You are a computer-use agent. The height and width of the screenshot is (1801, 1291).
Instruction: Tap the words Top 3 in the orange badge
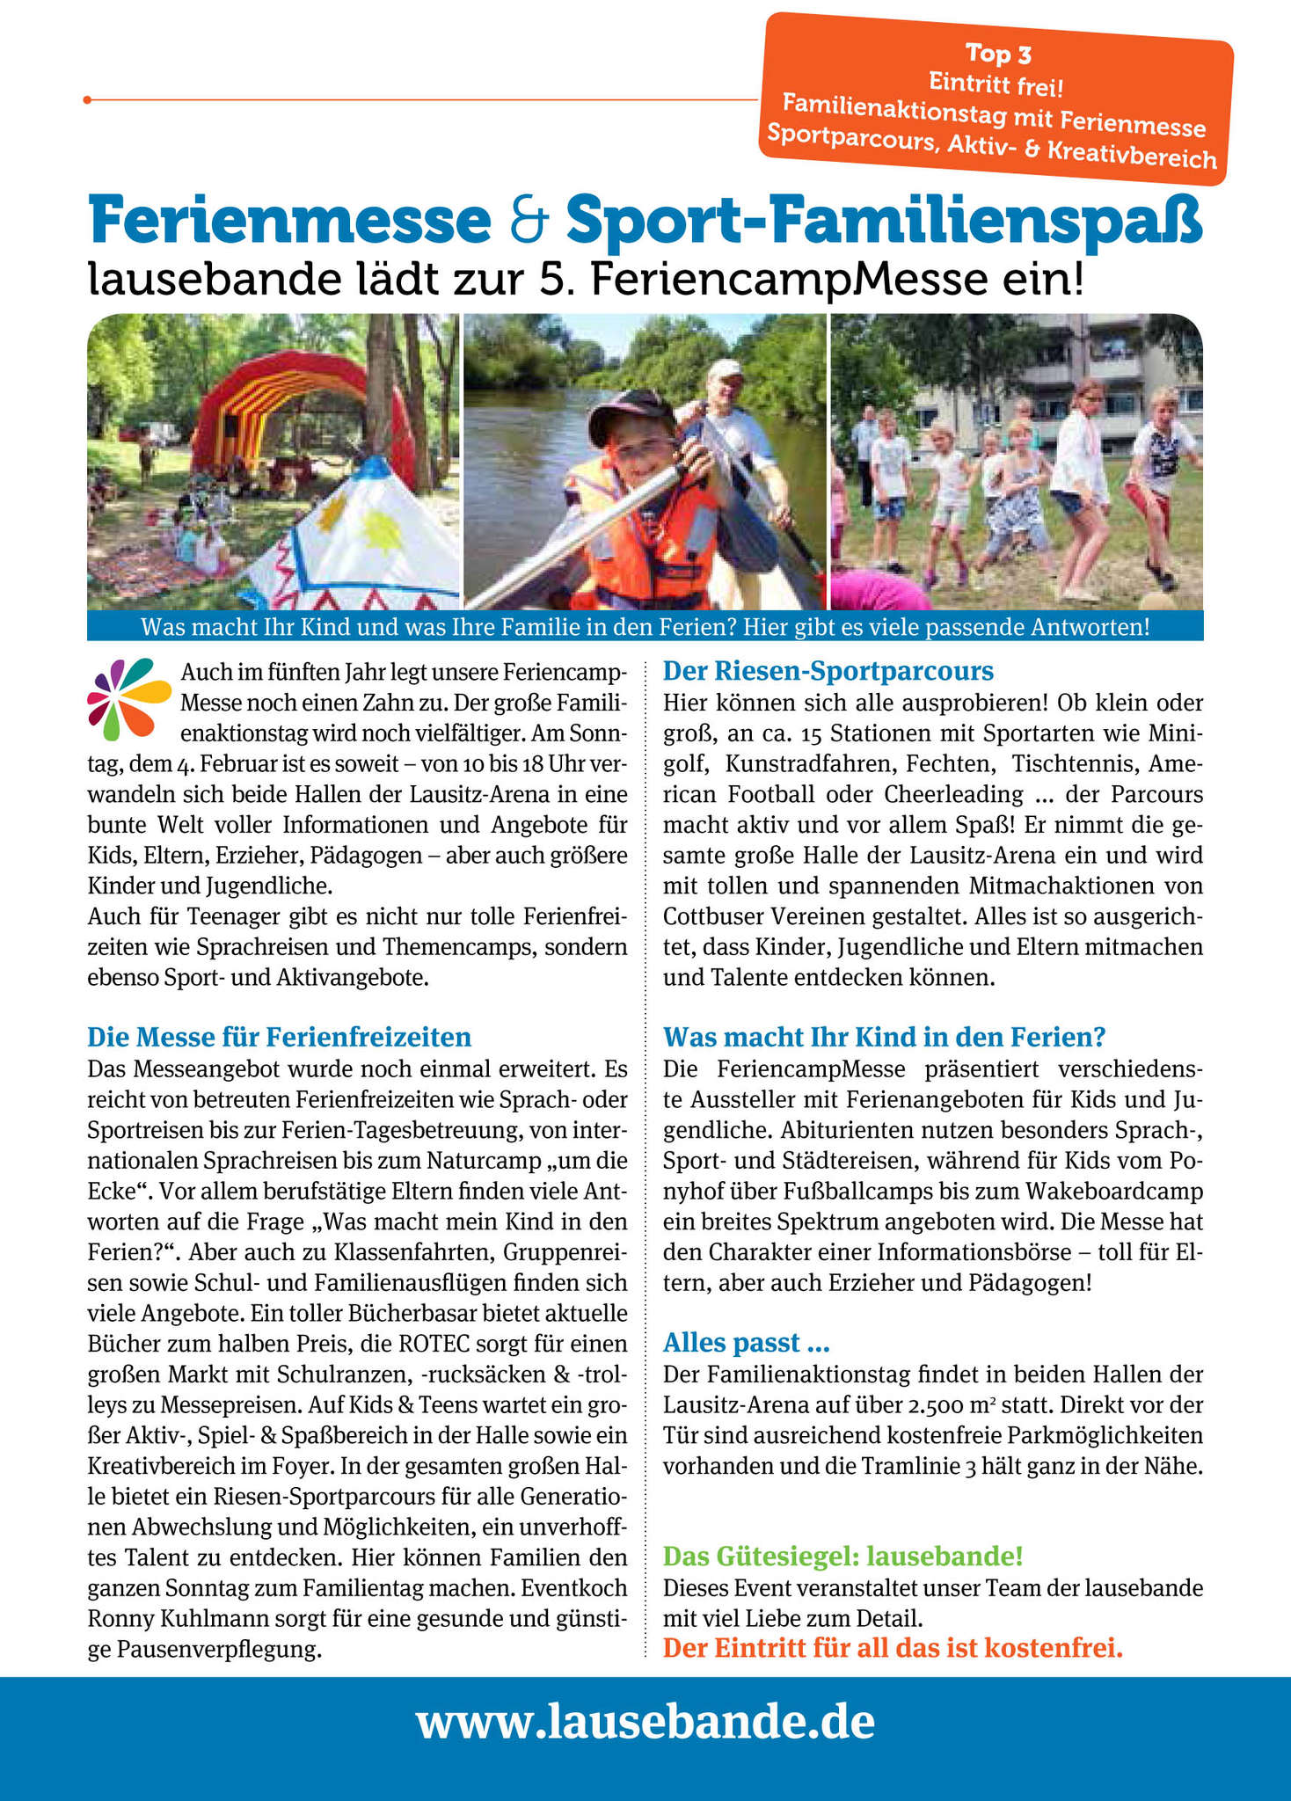coord(998,54)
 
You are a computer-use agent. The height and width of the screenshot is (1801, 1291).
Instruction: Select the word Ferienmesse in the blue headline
coord(289,223)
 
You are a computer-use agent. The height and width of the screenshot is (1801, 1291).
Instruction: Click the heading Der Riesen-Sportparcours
coord(828,672)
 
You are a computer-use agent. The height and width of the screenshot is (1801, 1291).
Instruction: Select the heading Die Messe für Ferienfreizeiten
coord(279,1038)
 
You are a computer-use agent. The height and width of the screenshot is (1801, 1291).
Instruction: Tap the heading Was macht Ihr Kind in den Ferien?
coord(884,1038)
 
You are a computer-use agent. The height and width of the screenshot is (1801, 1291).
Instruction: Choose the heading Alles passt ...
coord(746,1343)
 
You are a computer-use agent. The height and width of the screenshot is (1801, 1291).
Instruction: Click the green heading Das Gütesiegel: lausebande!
coord(842,1557)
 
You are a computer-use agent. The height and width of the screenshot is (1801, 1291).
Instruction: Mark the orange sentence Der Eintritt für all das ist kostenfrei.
coord(893,1648)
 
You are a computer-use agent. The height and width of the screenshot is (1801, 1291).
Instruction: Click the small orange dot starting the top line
coord(87,100)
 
